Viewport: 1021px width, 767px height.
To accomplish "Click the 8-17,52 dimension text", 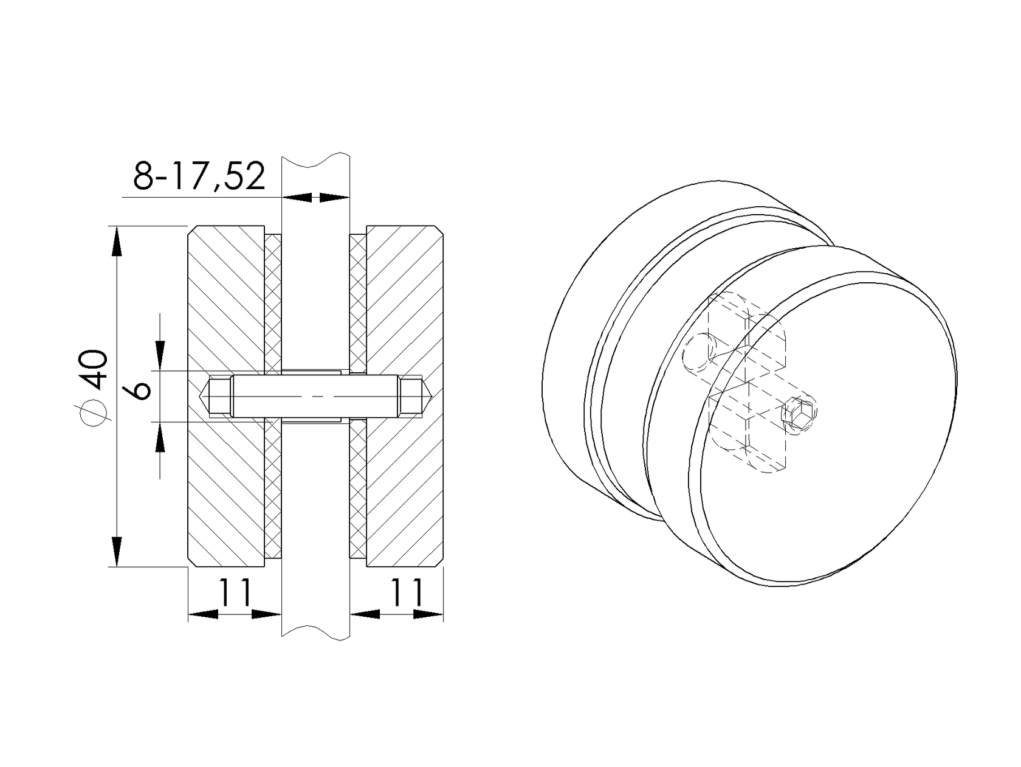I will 199,177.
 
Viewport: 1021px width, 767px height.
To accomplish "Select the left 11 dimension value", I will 235,593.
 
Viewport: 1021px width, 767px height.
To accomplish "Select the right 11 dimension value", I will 406,593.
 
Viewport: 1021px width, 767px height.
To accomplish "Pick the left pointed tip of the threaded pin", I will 205,396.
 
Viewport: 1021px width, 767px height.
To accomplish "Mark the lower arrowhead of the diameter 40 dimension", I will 116,551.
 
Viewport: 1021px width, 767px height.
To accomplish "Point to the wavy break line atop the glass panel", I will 316,159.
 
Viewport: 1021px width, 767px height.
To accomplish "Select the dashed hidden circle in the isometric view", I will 699,353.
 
